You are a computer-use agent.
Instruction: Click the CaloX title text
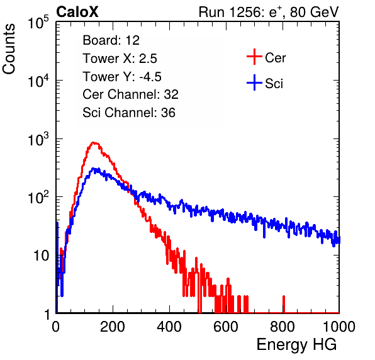pyautogui.click(x=77, y=12)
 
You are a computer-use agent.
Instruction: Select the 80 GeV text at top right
pyautogui.click(x=314, y=12)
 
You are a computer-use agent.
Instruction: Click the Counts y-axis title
pyautogui.click(x=9, y=49)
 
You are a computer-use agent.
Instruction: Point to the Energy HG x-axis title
pyautogui.click(x=296, y=344)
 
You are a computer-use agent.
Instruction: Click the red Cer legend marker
pyautogui.click(x=254, y=57)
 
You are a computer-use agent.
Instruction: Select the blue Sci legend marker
pyautogui.click(x=254, y=83)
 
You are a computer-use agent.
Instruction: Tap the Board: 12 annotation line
pyautogui.click(x=111, y=40)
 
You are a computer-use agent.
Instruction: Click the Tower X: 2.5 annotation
pyautogui.click(x=120, y=59)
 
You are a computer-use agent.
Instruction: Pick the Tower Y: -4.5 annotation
pyautogui.click(x=122, y=77)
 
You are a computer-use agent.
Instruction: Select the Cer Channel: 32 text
pyautogui.click(x=131, y=94)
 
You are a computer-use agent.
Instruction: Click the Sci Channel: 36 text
pyautogui.click(x=129, y=113)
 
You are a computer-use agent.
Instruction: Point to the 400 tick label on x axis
pyautogui.click(x=169, y=327)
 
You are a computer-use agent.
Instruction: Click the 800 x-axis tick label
pyautogui.click(x=283, y=327)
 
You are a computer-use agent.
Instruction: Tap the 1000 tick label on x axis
pyautogui.click(x=339, y=327)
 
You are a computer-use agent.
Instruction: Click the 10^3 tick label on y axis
pyautogui.click(x=38, y=139)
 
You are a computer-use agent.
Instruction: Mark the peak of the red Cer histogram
pyautogui.click(x=94, y=143)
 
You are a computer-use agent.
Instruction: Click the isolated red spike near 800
pyautogui.click(x=284, y=304)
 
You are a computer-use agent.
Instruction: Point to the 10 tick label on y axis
pyautogui.click(x=41, y=256)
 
